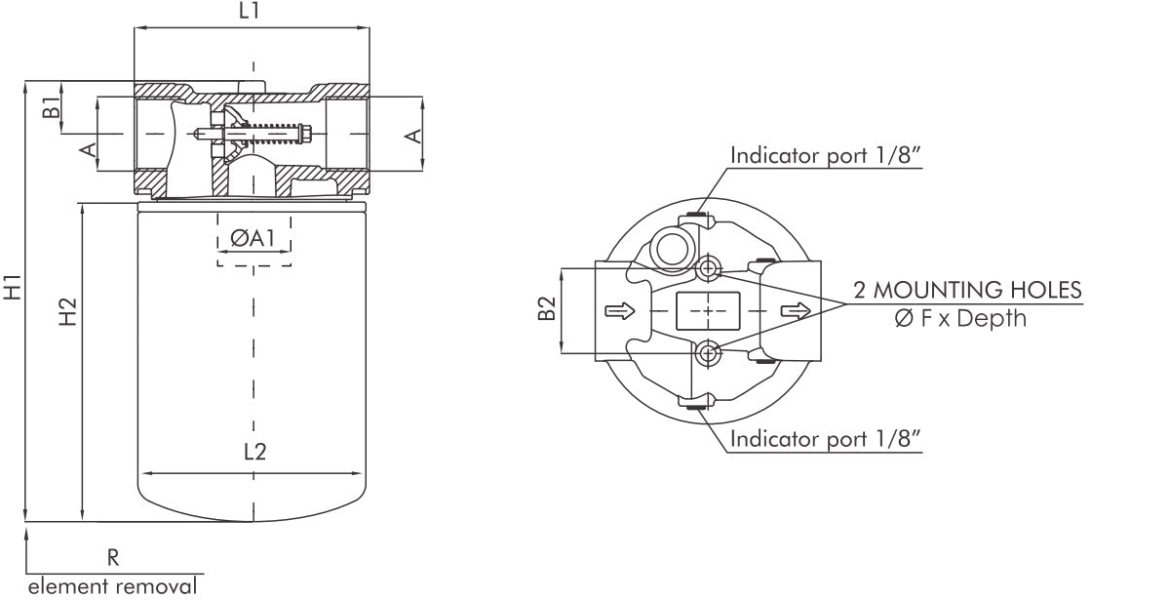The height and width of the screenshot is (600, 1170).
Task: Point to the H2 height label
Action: (67, 312)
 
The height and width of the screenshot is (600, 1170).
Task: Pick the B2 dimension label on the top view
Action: (547, 309)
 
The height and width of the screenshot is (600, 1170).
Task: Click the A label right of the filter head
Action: (414, 135)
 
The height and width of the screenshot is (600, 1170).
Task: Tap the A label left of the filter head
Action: (87, 149)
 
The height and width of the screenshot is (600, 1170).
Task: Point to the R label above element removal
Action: (113, 557)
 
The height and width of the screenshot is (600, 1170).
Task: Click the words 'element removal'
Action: (111, 586)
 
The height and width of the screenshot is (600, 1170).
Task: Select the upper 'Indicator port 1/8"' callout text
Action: (826, 155)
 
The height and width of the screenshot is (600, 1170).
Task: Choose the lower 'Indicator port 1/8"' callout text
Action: (826, 439)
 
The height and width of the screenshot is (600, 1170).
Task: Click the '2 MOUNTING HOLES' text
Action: (967, 290)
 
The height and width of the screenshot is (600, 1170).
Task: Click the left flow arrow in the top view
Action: (620, 310)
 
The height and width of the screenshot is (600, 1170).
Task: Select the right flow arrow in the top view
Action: (795, 310)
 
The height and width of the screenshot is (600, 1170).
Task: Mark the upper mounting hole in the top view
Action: (709, 268)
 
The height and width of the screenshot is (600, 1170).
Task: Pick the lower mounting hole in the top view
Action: (709, 351)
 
